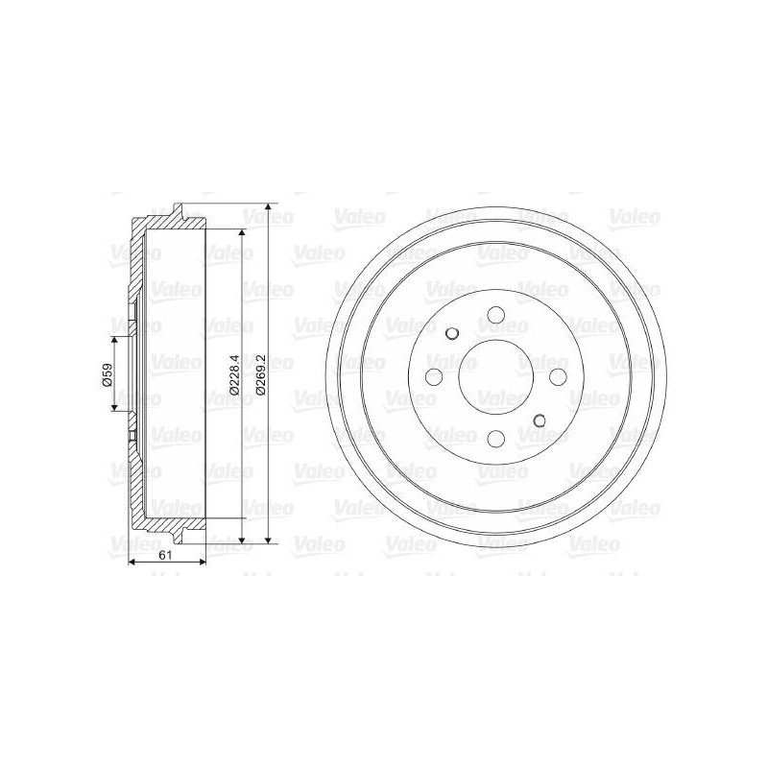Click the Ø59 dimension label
tap(108, 374)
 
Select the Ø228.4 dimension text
tap(233, 374)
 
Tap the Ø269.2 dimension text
tap(259, 374)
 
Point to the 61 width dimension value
tap(165, 555)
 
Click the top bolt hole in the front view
tap(496, 314)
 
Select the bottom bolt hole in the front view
tap(496, 439)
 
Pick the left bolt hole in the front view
tap(434, 376)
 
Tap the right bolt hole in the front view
tap(558, 376)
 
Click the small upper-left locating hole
tap(452, 333)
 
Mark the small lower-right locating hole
tap(540, 420)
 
